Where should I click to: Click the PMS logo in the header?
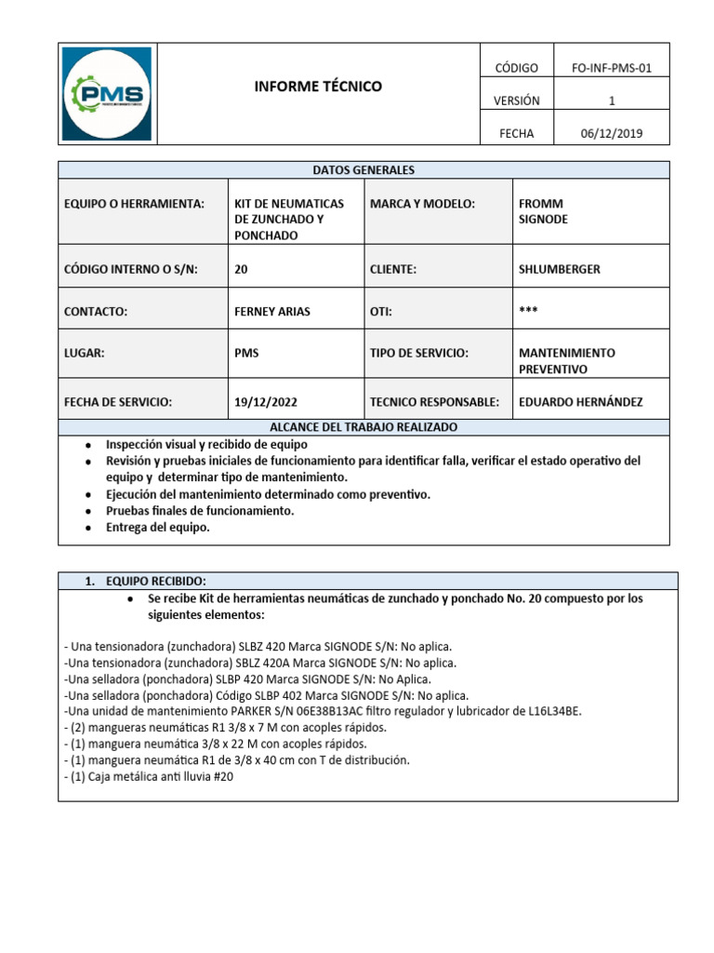tap(108, 93)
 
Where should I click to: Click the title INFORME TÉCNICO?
tap(318, 87)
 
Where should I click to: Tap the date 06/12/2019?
tap(611, 133)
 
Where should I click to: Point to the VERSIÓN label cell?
tap(516, 101)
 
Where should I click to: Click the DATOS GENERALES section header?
tap(364, 170)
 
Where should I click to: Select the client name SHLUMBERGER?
tap(559, 269)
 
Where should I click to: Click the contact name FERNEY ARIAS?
tap(271, 312)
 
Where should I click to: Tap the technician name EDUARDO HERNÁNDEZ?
tap(580, 402)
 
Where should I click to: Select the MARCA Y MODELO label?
tap(422, 204)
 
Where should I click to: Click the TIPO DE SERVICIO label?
tap(418, 354)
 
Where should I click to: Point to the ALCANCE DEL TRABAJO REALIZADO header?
tap(364, 426)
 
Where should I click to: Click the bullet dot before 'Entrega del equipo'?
tap(87, 528)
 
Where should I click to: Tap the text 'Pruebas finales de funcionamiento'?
tap(200, 511)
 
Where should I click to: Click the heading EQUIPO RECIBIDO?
tap(148, 581)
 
